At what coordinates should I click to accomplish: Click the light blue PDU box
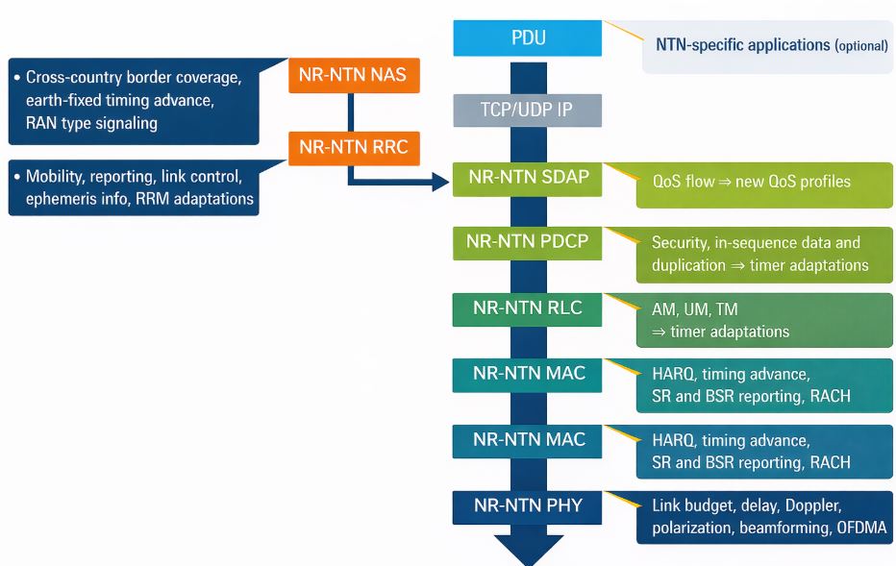(x=527, y=39)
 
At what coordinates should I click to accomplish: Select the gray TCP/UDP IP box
(x=527, y=110)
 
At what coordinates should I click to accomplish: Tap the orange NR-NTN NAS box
(x=354, y=75)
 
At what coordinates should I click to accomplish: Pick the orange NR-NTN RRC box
(x=354, y=147)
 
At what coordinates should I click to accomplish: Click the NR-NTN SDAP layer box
(x=527, y=178)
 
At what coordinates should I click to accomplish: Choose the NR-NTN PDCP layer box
(x=527, y=241)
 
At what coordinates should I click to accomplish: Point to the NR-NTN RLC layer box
(x=527, y=308)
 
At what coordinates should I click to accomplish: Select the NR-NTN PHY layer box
(x=527, y=504)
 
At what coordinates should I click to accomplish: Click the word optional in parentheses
(x=860, y=45)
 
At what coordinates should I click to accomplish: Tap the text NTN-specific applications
(x=742, y=44)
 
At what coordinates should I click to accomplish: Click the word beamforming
(x=779, y=528)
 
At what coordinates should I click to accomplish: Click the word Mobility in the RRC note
(x=56, y=177)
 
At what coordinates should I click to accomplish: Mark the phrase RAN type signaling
(x=91, y=122)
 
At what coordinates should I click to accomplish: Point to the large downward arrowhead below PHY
(x=527, y=549)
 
